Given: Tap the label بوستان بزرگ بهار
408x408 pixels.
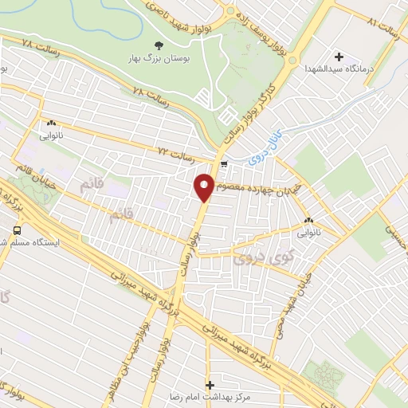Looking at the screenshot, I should click(156, 59).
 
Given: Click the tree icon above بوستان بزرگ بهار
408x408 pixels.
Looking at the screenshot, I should click(156, 45).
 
